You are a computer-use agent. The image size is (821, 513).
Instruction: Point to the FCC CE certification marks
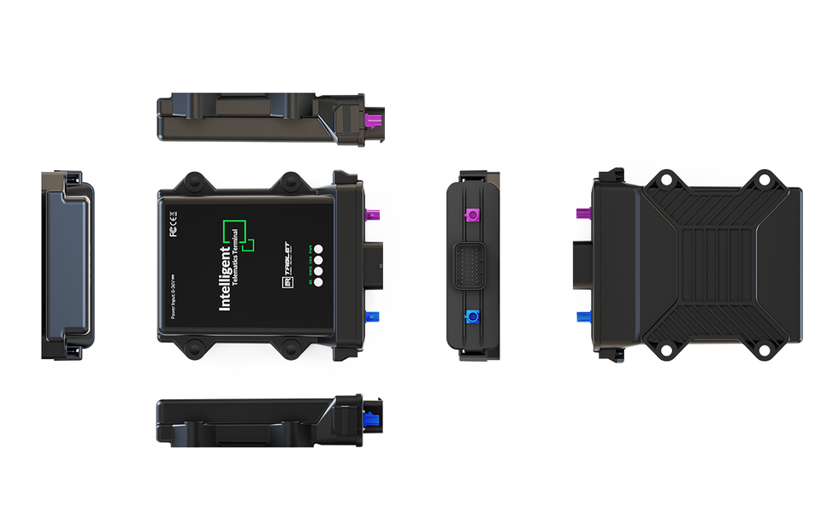174,222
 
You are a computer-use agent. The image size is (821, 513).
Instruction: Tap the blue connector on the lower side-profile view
374,421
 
